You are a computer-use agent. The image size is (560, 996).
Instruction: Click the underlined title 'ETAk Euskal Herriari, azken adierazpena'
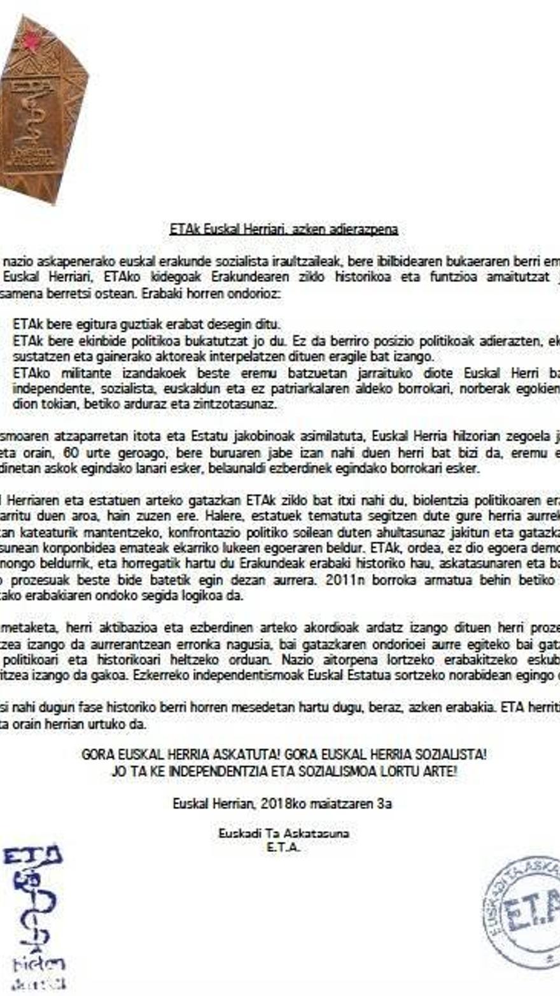pyautogui.click(x=284, y=229)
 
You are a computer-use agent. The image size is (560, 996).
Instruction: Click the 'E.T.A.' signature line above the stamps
pyautogui.click(x=283, y=847)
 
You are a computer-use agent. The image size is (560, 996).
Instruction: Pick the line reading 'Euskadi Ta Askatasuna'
pyautogui.click(x=283, y=834)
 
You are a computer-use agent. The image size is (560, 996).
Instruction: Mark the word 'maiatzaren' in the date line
pyautogui.click(x=342, y=804)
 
